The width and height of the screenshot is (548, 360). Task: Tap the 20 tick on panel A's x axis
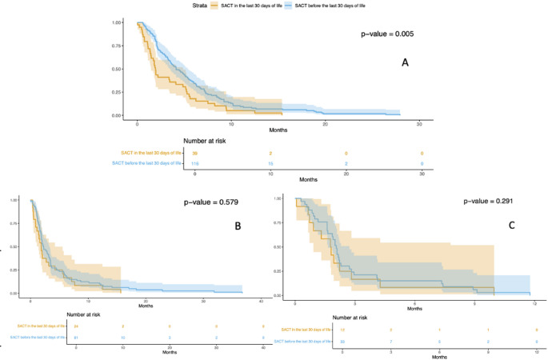click(325, 124)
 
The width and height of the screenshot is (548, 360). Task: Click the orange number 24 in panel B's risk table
click(76, 326)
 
